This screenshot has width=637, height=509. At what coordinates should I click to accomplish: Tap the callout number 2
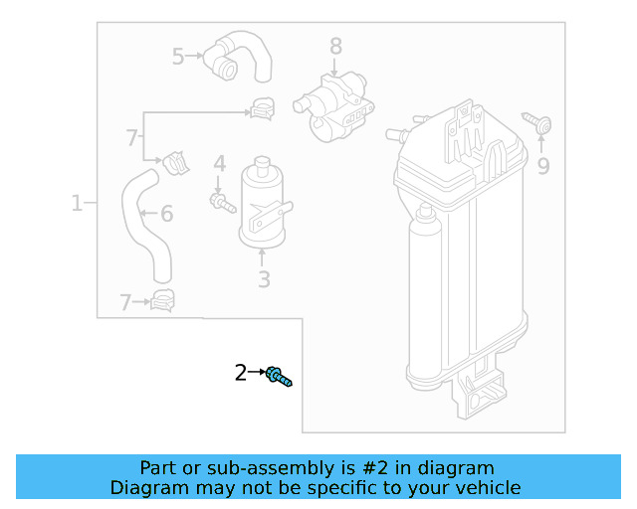pos(240,373)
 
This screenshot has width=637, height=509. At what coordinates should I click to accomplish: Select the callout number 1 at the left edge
pos(77,204)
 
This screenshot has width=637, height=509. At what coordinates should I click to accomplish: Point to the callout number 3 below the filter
pos(264,279)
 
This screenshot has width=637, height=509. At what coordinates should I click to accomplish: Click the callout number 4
pos(219,162)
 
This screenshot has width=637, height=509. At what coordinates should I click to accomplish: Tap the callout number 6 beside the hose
pos(166,213)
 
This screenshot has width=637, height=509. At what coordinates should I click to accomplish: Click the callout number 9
pos(542,166)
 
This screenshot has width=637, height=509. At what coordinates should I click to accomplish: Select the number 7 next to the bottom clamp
pos(125,302)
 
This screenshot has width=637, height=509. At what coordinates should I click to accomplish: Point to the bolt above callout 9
pos(542,126)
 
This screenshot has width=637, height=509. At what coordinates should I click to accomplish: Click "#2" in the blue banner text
pos(394,468)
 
